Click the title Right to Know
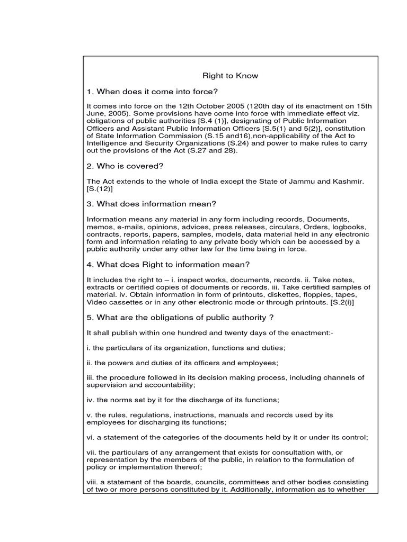click(231, 76)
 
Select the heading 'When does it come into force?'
click(152, 91)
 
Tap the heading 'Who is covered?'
click(125, 167)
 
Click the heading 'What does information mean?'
click(152, 204)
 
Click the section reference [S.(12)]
click(100, 189)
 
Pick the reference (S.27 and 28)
click(218, 150)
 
